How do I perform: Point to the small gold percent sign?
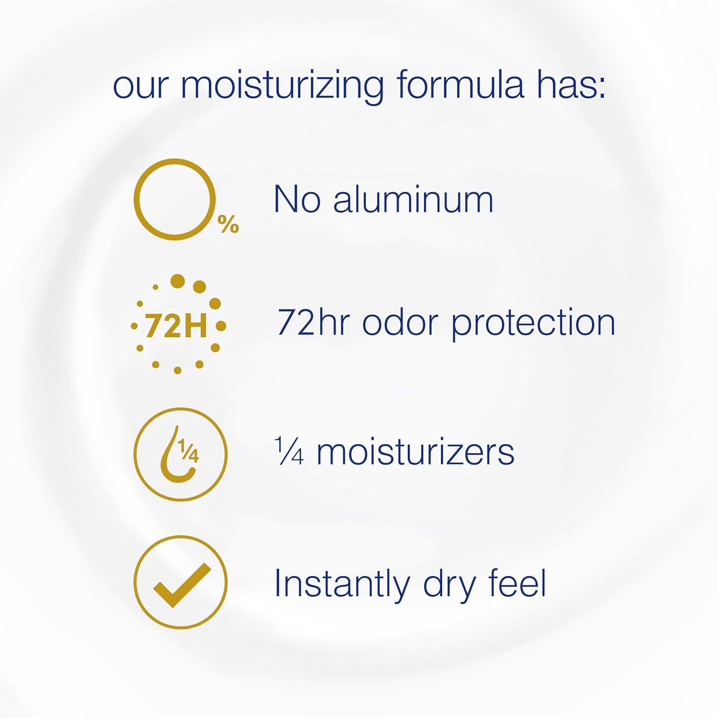tap(228, 224)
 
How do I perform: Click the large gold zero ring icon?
tap(175, 160)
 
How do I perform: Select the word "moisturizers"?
tap(415, 452)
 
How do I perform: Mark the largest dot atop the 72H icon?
tap(178, 281)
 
